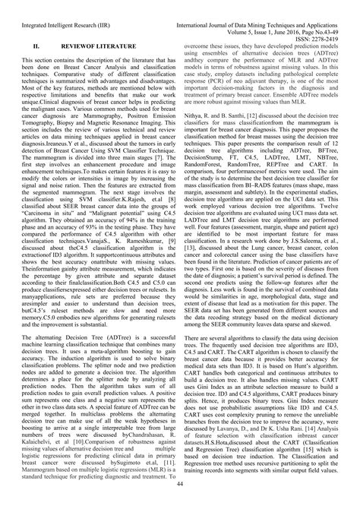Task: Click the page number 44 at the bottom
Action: (180, 484)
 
